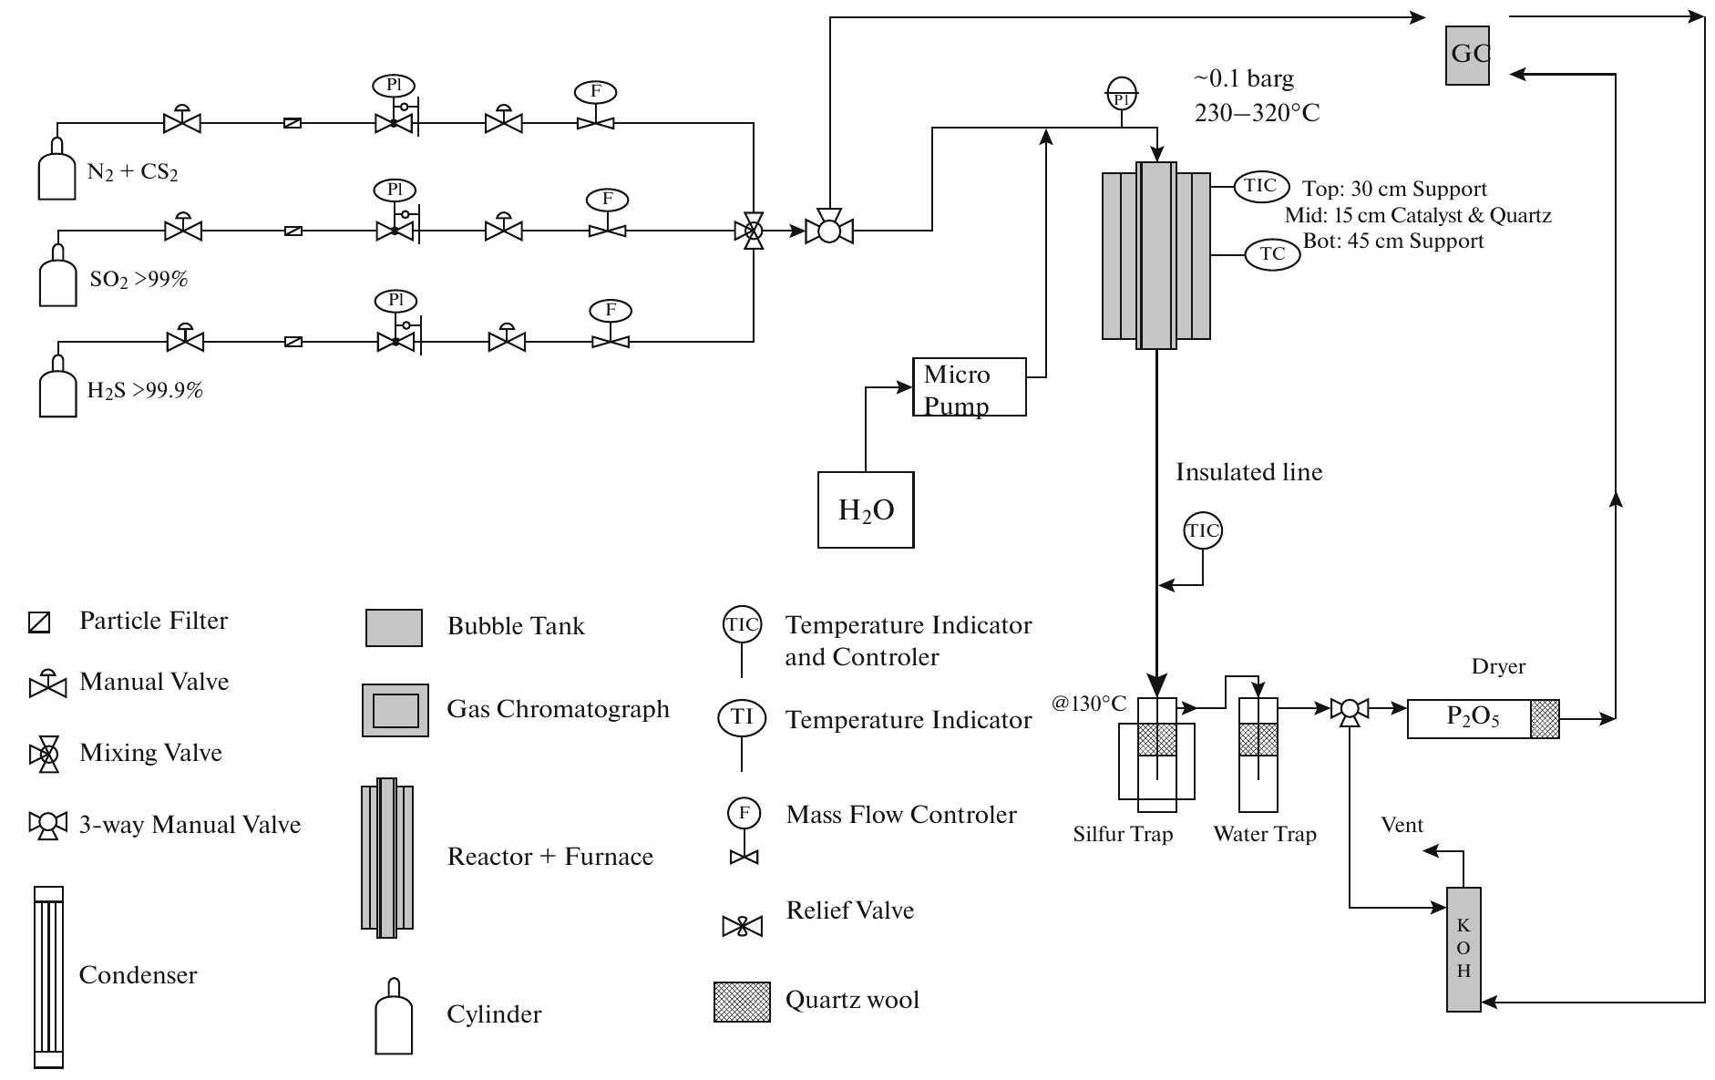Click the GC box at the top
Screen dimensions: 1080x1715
[x=1467, y=55]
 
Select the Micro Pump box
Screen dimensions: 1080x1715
[x=969, y=387]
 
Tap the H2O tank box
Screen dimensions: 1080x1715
[x=866, y=509]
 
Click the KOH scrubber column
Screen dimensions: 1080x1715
[x=1463, y=949]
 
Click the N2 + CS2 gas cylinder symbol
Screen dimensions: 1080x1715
[x=56, y=170]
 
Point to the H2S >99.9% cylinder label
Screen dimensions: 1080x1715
[x=145, y=391]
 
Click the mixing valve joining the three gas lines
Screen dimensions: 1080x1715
[x=754, y=231]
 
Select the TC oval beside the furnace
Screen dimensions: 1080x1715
[x=1272, y=253]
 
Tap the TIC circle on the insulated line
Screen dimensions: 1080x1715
[x=1202, y=530]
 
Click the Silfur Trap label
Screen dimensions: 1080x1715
[x=1123, y=834]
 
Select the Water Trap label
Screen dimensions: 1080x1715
[x=1264, y=834]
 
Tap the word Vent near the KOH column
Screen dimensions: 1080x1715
[x=1402, y=825]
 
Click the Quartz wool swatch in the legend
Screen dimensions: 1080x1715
[x=742, y=1002]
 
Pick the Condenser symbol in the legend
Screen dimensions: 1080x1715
[x=49, y=976]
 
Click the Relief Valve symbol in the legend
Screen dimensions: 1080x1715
[x=742, y=927]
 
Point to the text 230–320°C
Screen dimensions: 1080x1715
[x=1257, y=113]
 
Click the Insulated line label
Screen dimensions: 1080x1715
[x=1248, y=472]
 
